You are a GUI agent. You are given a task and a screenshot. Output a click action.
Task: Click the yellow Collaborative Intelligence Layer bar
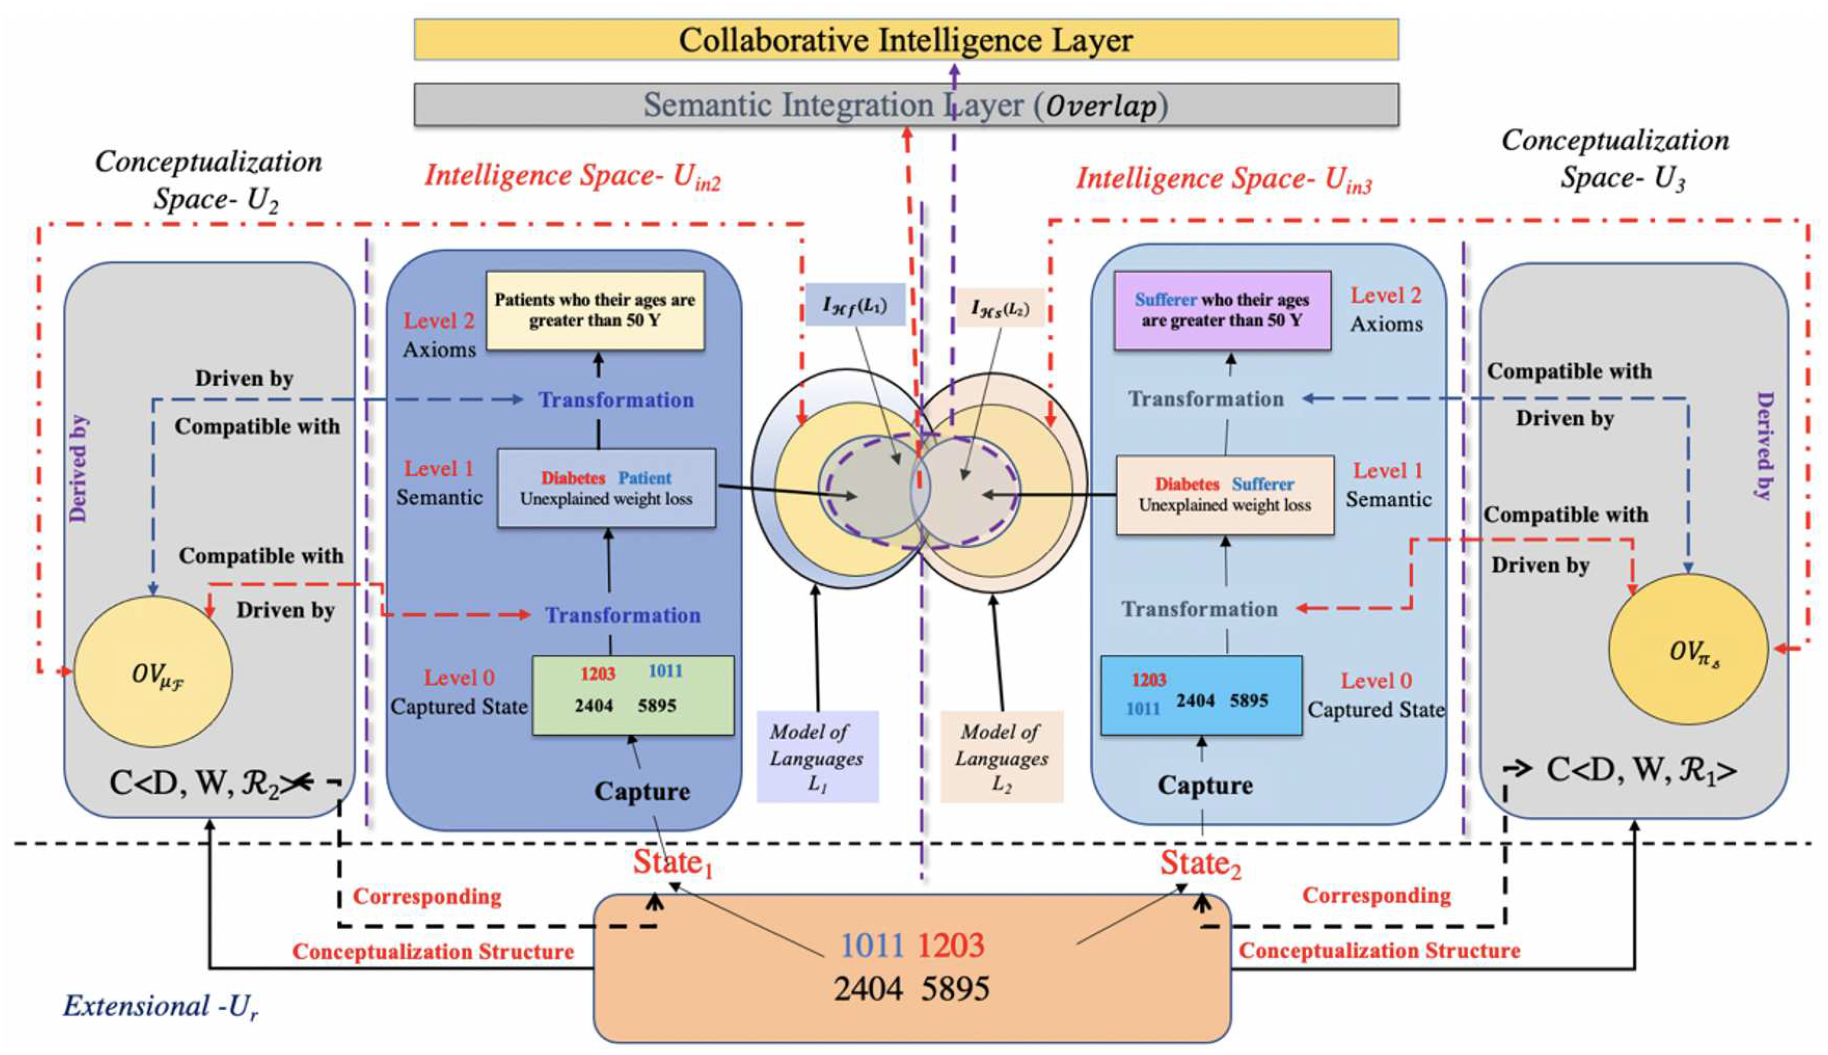tap(906, 40)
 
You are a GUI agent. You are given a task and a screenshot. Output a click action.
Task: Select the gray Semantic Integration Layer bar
tap(906, 105)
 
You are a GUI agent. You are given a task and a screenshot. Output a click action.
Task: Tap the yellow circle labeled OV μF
tap(154, 672)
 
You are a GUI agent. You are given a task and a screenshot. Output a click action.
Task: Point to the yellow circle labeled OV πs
tap(1688, 649)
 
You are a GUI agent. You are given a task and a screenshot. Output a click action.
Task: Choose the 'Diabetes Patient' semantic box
tap(606, 488)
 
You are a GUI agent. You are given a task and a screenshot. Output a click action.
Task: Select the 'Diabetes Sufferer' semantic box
tap(1224, 495)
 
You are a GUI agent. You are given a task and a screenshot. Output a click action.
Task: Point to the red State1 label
tap(672, 863)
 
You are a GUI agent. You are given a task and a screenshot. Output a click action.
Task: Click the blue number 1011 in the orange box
tap(872, 945)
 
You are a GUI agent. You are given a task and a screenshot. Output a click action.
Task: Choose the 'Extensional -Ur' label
tap(160, 1006)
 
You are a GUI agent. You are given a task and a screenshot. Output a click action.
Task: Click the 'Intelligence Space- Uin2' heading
tap(572, 177)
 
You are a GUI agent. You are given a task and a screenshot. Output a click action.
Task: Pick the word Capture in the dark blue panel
tap(642, 791)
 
